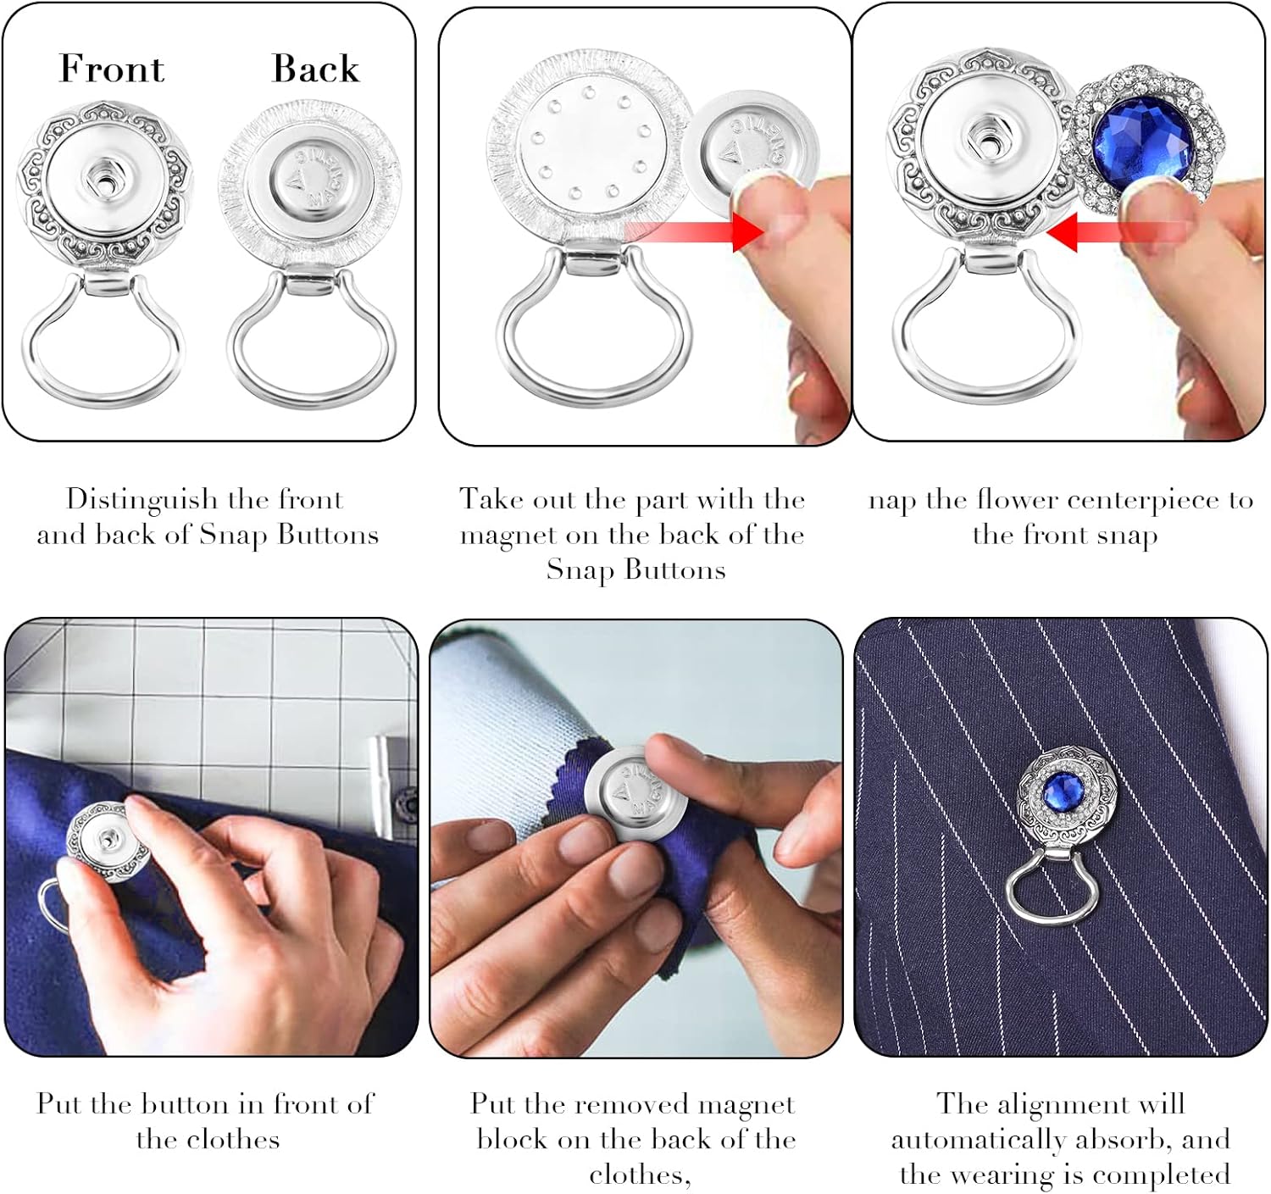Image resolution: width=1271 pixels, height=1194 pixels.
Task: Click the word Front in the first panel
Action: [x=111, y=69]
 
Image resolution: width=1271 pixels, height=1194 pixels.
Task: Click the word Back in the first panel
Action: [x=315, y=69]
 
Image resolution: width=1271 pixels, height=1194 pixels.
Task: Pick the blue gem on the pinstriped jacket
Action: [x=1059, y=796]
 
